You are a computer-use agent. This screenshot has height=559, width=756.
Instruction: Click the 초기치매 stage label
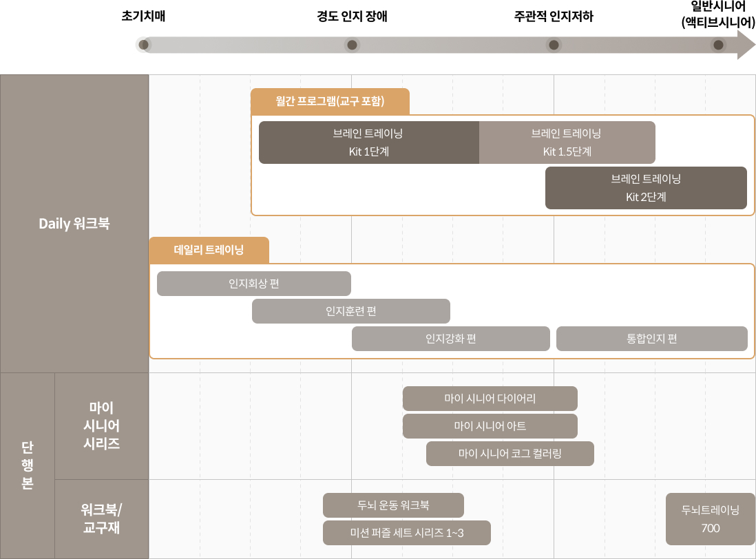[143, 17]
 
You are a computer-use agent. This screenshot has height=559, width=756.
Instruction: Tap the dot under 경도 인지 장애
[352, 45]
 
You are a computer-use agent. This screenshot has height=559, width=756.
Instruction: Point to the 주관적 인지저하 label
[553, 17]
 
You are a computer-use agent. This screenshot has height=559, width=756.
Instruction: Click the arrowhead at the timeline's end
[746, 45]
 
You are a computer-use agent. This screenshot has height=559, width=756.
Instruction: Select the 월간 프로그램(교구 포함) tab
[330, 101]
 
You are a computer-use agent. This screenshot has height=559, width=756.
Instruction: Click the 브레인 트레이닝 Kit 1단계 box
[368, 143]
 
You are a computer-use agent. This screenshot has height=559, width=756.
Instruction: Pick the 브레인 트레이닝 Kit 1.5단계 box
[567, 143]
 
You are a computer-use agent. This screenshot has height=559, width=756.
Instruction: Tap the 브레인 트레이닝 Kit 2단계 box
[646, 188]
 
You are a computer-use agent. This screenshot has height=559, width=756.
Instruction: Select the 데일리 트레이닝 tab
[209, 250]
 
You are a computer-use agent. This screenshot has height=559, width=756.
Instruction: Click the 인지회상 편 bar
[253, 284]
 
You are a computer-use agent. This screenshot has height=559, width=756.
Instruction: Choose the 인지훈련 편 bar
[350, 311]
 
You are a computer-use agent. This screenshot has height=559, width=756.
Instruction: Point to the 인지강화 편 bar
[450, 339]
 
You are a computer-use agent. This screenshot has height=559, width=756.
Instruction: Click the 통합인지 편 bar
[651, 339]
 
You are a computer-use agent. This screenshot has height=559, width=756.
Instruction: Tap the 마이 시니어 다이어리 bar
[490, 399]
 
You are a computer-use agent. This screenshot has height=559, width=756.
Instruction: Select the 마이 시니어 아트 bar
[490, 426]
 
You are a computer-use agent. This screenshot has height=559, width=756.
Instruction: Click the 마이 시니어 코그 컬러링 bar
[510, 454]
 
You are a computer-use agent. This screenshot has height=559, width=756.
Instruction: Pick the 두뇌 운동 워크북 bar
[393, 505]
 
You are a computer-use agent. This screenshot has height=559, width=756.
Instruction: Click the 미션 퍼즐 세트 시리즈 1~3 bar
[406, 533]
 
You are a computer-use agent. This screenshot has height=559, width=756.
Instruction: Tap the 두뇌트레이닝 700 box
[710, 519]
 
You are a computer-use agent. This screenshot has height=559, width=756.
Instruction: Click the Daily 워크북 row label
[74, 224]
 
